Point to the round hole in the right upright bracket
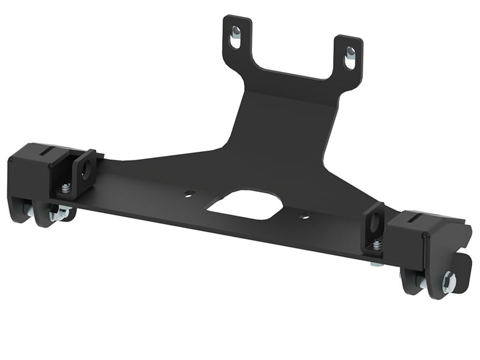[x=377, y=221]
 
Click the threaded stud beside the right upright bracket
[x=376, y=246]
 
